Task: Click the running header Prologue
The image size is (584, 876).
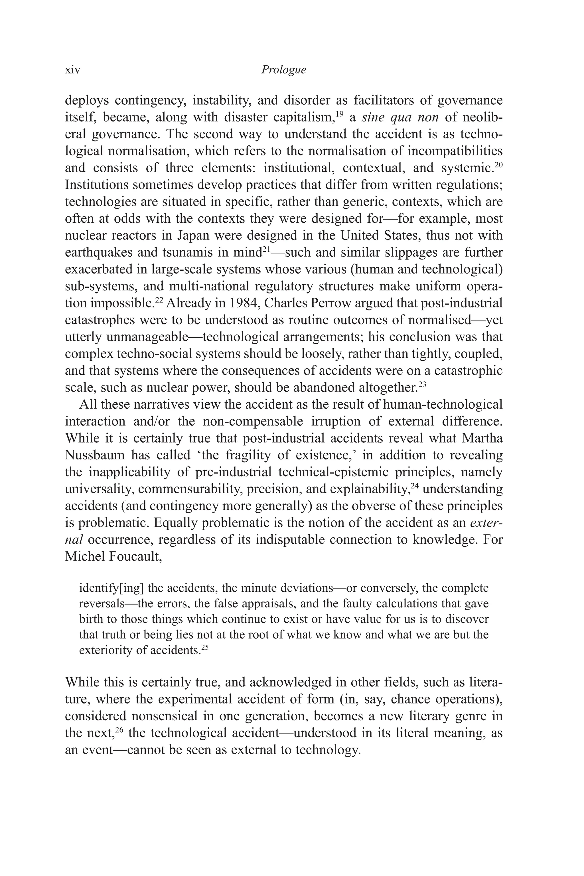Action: click(x=283, y=70)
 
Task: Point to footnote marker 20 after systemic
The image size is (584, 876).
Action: click(x=499, y=164)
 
